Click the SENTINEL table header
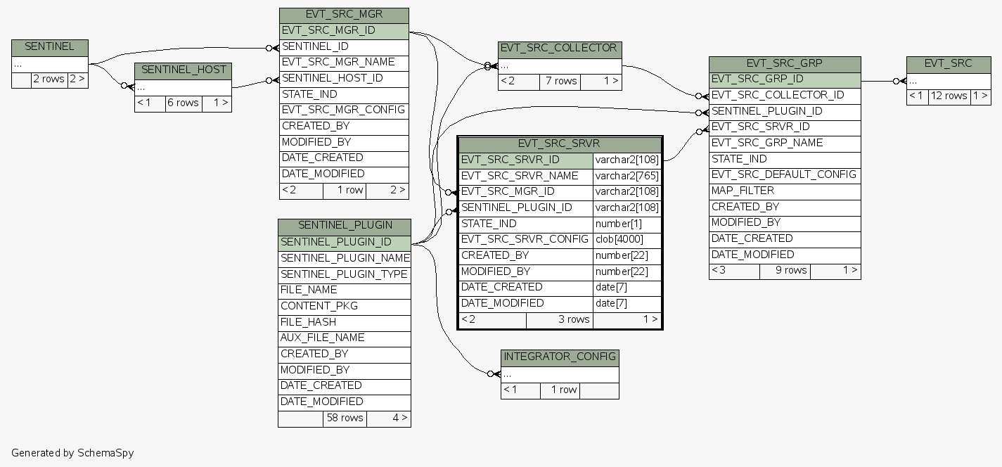pos(49,47)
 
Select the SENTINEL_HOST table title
pos(183,70)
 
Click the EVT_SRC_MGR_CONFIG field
pos(344,110)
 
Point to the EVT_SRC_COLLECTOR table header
pos(560,49)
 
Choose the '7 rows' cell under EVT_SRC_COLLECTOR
pos(561,82)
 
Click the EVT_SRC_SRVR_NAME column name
pos(520,176)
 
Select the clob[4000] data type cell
pos(619,240)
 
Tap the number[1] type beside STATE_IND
pos(618,224)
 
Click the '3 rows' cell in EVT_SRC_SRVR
pos(574,319)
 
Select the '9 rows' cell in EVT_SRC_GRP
pos(791,270)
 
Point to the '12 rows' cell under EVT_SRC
pos(949,96)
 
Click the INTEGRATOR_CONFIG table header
pos(560,357)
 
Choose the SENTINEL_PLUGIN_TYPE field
pos(344,274)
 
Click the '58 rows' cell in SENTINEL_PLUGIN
pos(345,418)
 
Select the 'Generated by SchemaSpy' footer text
pos(72,453)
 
